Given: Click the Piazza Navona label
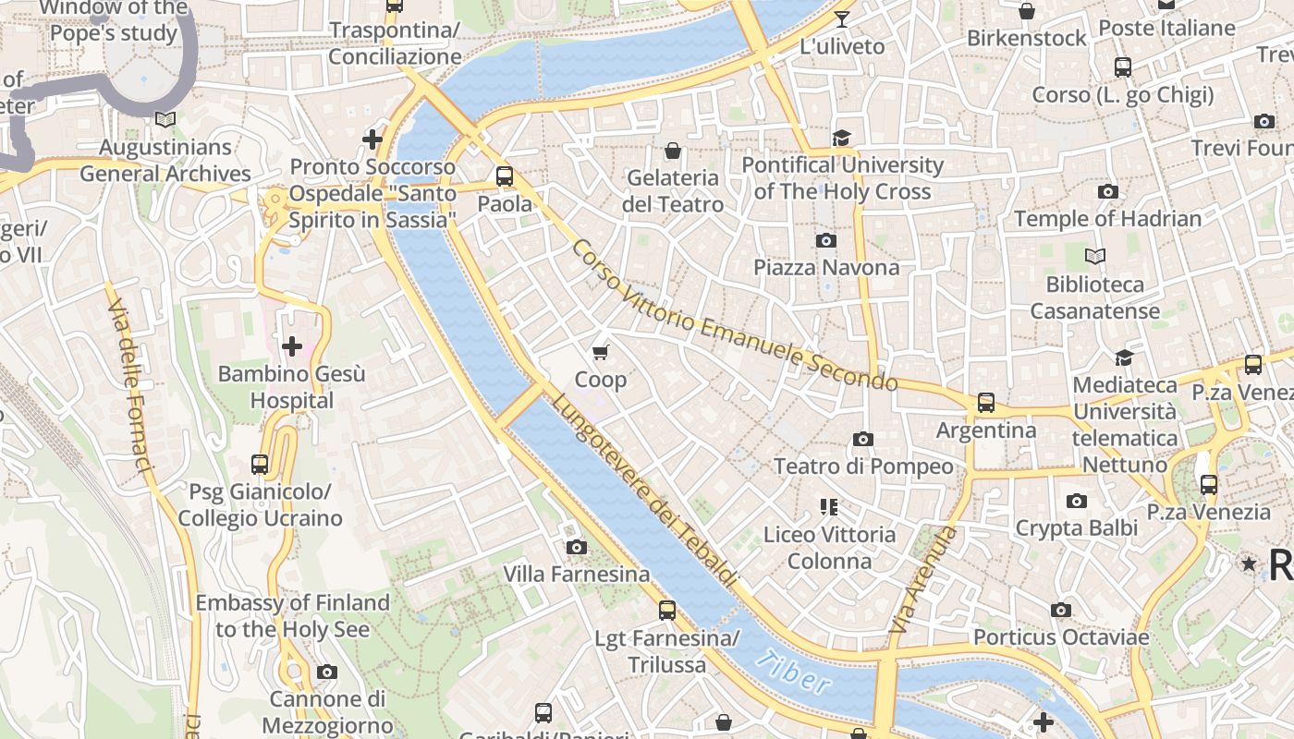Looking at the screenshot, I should (825, 268).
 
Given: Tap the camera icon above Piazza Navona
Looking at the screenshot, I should (826, 240).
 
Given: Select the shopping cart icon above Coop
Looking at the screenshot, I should (601, 352).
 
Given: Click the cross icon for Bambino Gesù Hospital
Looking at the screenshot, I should (292, 346).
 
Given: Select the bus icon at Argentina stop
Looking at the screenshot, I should (986, 403).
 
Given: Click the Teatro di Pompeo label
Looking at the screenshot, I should (863, 466).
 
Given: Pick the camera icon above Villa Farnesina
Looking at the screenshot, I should (577, 547).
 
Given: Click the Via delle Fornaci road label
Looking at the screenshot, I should (129, 382).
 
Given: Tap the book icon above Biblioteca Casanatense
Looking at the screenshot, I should (1095, 256).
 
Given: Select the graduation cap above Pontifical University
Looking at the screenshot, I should (841, 138).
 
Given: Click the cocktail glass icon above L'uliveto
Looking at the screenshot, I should (841, 18).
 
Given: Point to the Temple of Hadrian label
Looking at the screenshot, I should (1107, 219).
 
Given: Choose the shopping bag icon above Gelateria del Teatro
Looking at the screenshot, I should (673, 150).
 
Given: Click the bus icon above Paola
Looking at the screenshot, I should (505, 176).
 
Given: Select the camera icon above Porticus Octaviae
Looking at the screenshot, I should (1061, 610).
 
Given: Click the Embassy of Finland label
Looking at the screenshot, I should (292, 616).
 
